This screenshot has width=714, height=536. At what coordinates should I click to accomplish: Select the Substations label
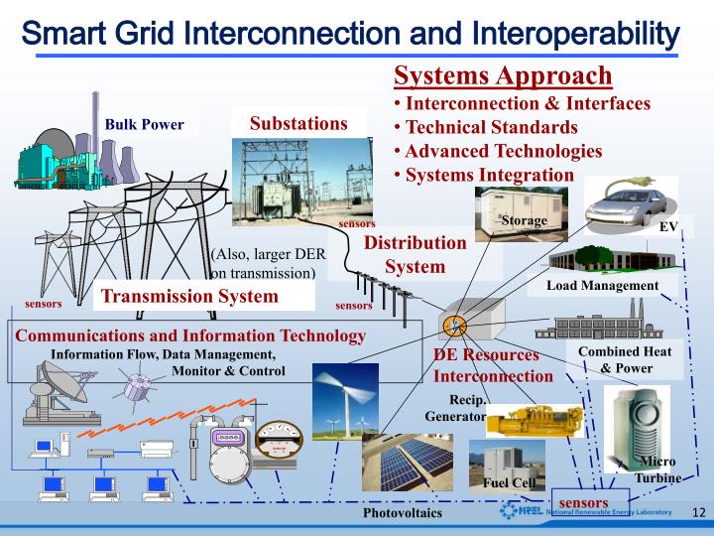(x=298, y=123)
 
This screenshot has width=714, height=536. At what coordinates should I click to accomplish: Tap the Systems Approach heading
(x=503, y=76)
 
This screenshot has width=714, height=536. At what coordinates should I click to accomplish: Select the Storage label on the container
(x=524, y=220)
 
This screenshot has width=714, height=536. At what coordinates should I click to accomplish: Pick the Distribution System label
(x=415, y=255)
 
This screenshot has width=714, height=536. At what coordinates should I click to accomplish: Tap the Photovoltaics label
(x=403, y=514)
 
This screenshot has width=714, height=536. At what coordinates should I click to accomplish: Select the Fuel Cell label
(x=510, y=483)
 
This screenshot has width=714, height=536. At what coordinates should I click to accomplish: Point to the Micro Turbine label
(x=657, y=469)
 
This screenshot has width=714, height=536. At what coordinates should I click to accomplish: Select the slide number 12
(x=698, y=512)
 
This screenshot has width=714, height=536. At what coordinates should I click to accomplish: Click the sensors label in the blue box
(x=584, y=502)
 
